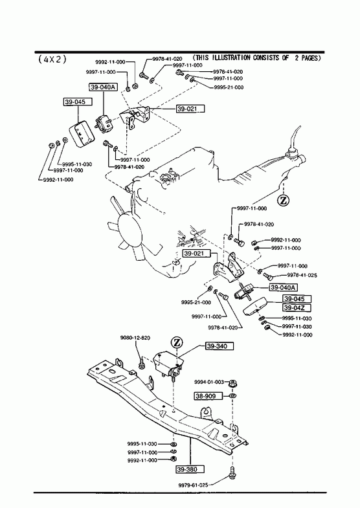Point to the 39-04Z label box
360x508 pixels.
point(297,307)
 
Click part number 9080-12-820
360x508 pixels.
point(135,338)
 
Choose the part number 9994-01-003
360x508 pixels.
point(209,382)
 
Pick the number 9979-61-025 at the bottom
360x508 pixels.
point(193,485)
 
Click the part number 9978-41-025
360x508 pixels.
point(302,276)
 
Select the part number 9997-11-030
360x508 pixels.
point(297,327)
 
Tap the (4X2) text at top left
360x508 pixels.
point(52,60)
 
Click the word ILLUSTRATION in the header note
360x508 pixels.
point(231,58)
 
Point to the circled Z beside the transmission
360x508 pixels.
point(283,201)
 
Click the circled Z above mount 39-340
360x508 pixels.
point(177,342)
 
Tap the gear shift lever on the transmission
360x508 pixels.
point(295,138)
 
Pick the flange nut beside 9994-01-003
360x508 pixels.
point(232,384)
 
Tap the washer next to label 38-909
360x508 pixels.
point(232,395)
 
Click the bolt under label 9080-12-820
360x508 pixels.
point(142,362)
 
